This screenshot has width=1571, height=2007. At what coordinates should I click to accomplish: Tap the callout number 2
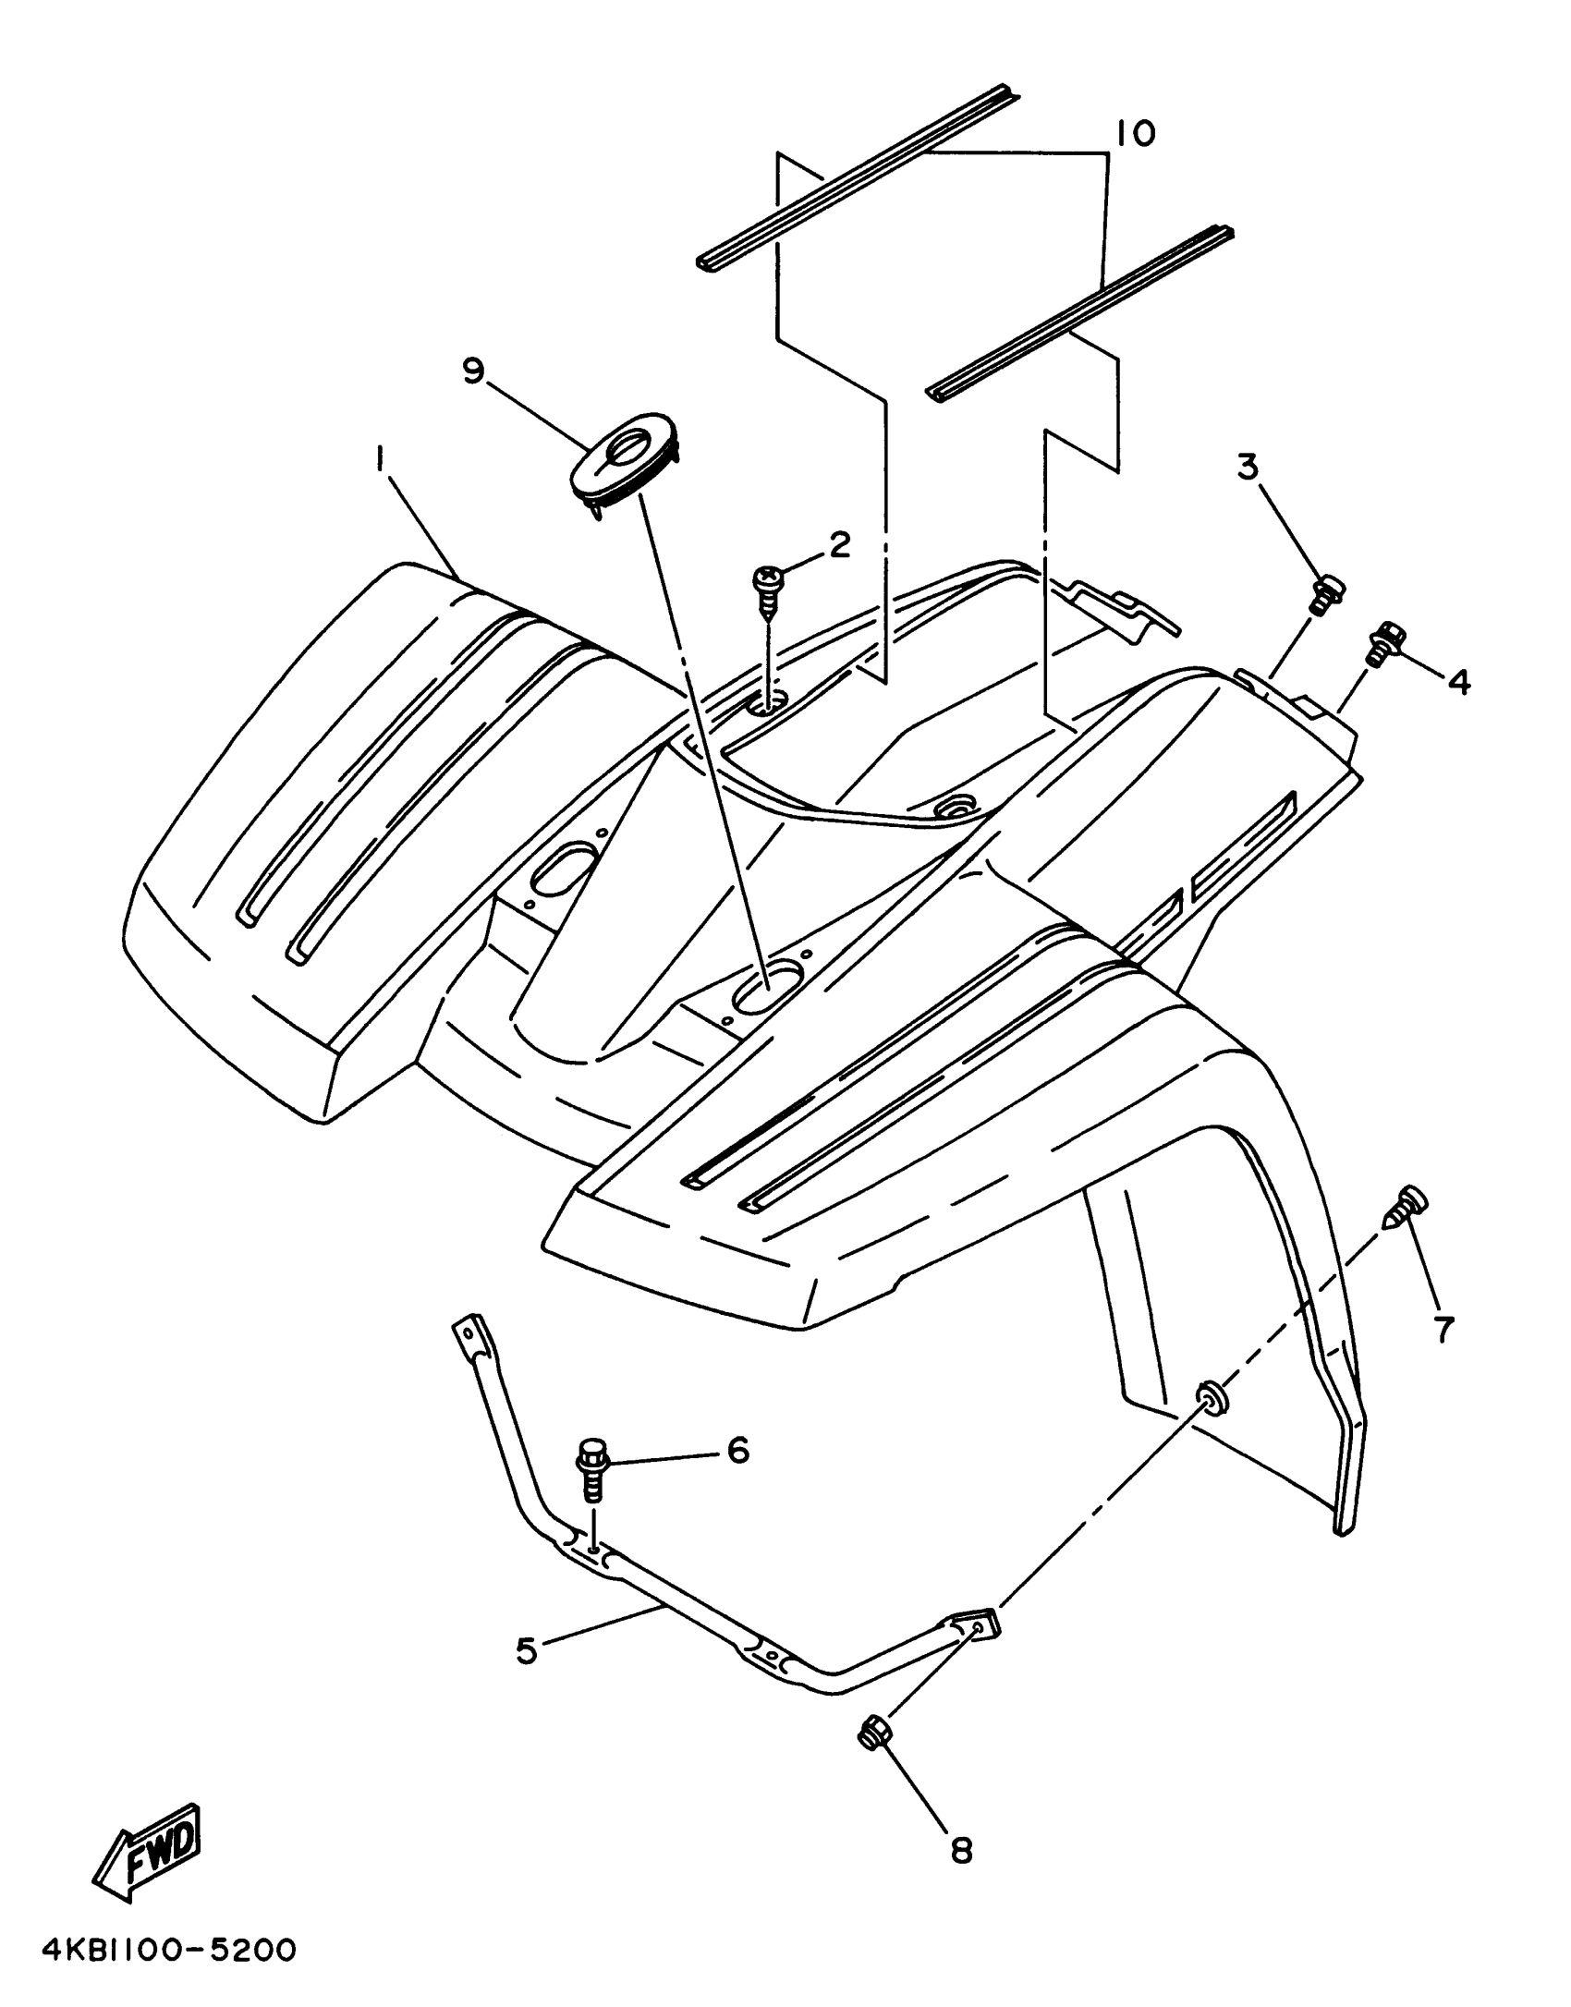(x=838, y=545)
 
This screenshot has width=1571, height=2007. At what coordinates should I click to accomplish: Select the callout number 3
(x=1248, y=468)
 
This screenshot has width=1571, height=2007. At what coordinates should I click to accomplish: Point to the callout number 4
(x=1459, y=681)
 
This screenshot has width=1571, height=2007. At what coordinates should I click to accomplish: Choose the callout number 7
(x=1443, y=1329)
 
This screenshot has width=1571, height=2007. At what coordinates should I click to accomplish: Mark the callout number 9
(x=473, y=372)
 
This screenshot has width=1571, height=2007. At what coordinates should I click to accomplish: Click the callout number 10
(x=1135, y=134)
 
